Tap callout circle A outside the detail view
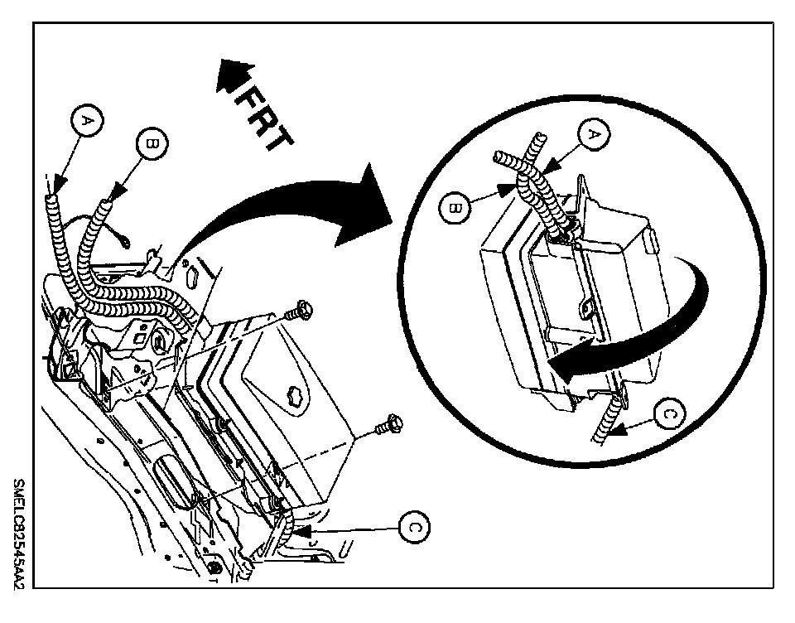pos(87,122)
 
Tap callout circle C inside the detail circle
pos(672,413)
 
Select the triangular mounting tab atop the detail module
pos(585,187)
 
